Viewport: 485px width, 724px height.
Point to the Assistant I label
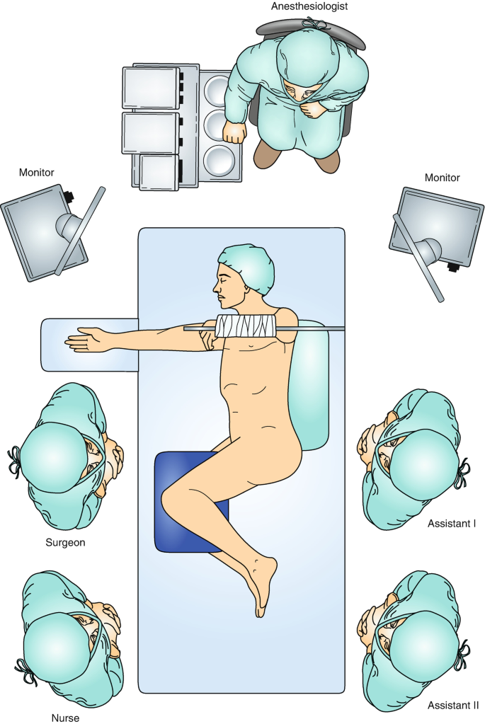tap(451, 524)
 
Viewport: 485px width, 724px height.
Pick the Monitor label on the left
tap(37, 172)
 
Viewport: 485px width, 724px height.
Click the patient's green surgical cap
tap(246, 268)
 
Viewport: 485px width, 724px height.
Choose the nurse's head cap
tap(55, 640)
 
